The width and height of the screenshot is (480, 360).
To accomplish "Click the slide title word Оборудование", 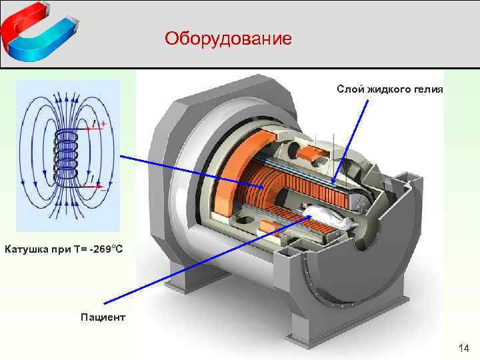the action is [x=229, y=38].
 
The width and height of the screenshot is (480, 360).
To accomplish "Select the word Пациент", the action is [x=103, y=317].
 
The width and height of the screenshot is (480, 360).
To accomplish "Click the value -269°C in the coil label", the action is [x=100, y=249].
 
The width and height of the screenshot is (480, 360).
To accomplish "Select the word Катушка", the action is [x=25, y=249].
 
